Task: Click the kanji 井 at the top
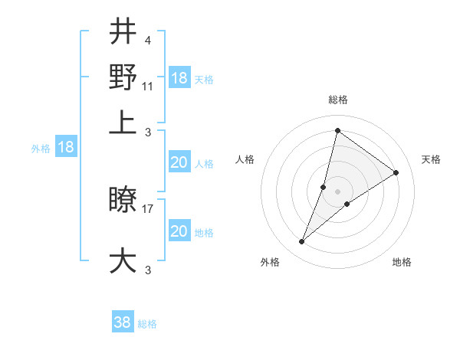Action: point(123,33)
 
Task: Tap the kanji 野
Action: point(123,78)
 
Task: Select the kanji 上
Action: point(123,123)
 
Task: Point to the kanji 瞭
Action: point(123,201)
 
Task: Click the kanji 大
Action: point(123,260)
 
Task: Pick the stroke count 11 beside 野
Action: point(148,86)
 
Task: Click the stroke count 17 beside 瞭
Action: point(148,208)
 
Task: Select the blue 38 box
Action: point(123,322)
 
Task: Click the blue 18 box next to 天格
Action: point(179,78)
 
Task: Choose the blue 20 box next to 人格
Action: point(179,162)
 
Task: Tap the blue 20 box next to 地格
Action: point(179,231)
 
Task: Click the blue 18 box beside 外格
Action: point(66,147)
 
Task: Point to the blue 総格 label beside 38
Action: point(147,323)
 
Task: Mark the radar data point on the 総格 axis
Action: point(337,129)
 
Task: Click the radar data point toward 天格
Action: point(396,172)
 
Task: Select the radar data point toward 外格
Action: point(302,242)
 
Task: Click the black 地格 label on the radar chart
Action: point(402,262)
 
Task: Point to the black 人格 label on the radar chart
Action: point(245,159)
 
